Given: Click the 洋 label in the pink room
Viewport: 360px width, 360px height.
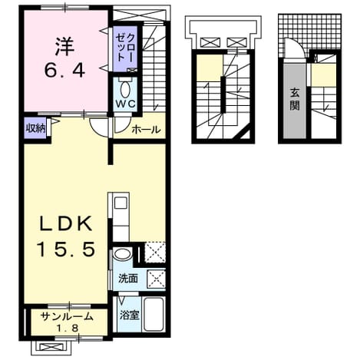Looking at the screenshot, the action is pyautogui.click(x=65, y=47).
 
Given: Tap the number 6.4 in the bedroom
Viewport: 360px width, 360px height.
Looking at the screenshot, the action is pyautogui.click(x=64, y=70).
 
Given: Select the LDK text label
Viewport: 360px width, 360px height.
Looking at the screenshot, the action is pyautogui.click(x=65, y=223).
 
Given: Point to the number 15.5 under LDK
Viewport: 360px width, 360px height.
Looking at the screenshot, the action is pyautogui.click(x=66, y=249).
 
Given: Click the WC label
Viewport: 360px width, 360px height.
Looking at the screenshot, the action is pyautogui.click(x=125, y=104).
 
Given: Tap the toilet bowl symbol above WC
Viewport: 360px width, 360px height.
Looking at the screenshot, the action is pyautogui.click(x=125, y=89).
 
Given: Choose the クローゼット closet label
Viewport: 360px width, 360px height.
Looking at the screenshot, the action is pyautogui.click(x=125, y=48).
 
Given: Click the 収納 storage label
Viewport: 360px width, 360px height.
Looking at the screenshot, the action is pyautogui.click(x=36, y=128).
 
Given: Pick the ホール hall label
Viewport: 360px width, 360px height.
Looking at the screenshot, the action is pyautogui.click(x=146, y=130).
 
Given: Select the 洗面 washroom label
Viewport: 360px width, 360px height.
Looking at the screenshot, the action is pyautogui.click(x=128, y=279).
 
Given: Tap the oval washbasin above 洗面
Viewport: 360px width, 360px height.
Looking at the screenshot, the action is pyautogui.click(x=122, y=254).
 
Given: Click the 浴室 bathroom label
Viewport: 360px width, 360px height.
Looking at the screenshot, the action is pyautogui.click(x=130, y=315).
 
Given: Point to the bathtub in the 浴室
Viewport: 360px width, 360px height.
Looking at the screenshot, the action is pyautogui.click(x=154, y=314).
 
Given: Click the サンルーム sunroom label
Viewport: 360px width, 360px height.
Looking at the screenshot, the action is pyautogui.click(x=67, y=316).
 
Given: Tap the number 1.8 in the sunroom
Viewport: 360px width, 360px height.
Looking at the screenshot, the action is pyautogui.click(x=68, y=328).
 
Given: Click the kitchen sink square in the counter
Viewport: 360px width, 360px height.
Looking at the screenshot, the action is pyautogui.click(x=121, y=203).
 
